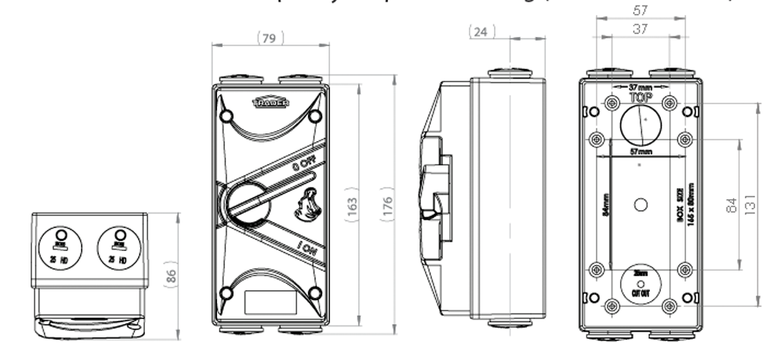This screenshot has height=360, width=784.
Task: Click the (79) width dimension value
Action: (x=270, y=37)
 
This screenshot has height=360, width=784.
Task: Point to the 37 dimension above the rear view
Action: (x=641, y=28)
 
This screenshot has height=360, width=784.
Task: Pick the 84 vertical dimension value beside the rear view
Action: (x=731, y=205)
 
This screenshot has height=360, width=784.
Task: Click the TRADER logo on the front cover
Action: (x=270, y=103)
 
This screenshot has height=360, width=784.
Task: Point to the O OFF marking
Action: (x=304, y=165)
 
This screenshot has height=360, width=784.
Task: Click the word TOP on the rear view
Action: (x=641, y=98)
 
